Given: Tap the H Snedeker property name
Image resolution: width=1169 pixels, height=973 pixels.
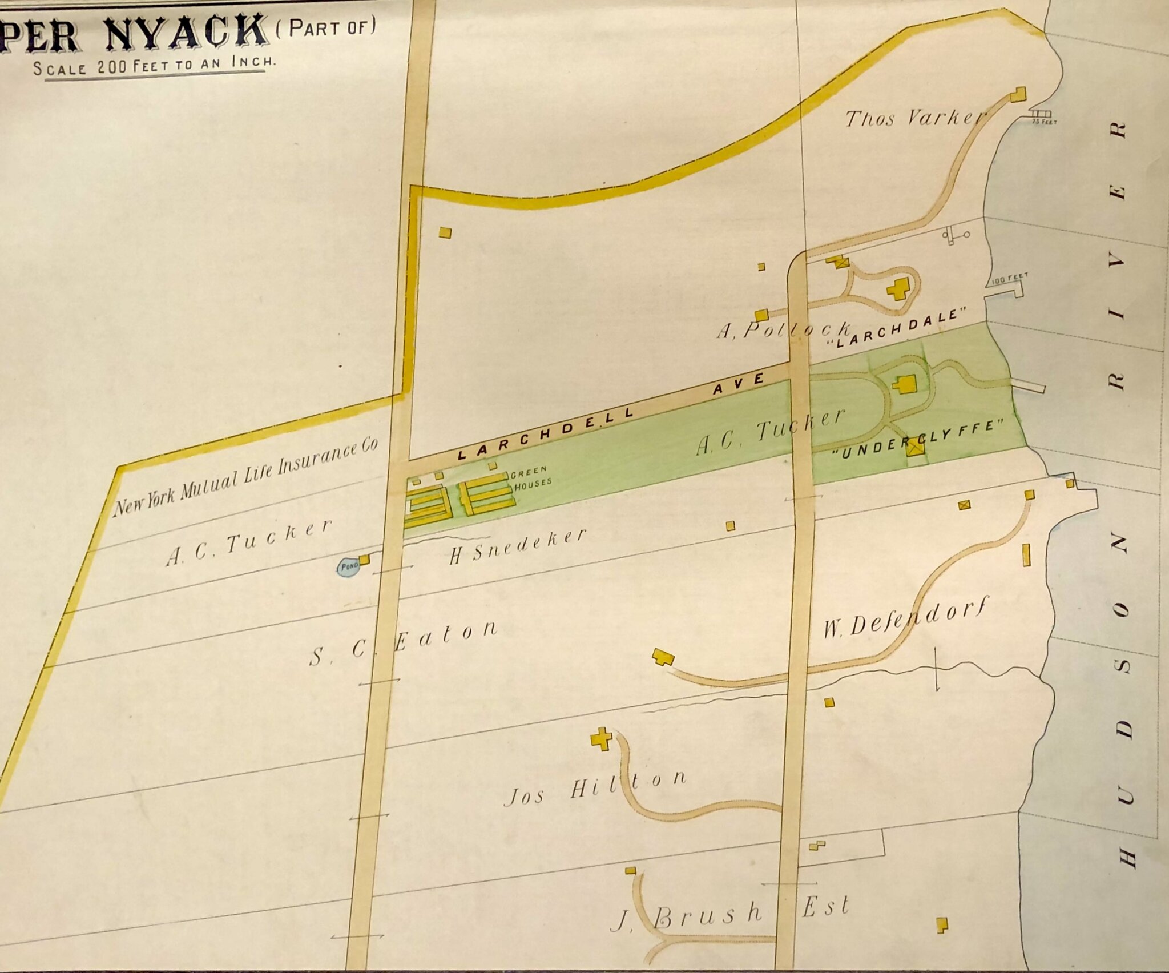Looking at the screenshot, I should [x=517, y=546].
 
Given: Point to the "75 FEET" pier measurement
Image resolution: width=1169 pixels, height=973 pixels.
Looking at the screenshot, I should [x=1044, y=122].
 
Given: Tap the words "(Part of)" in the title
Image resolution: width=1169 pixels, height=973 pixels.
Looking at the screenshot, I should [x=326, y=27].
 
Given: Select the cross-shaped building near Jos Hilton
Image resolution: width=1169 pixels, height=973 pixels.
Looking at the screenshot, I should [x=601, y=739].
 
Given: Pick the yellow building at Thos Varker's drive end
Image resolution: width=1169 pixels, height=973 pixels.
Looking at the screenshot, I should [x=1018, y=94].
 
